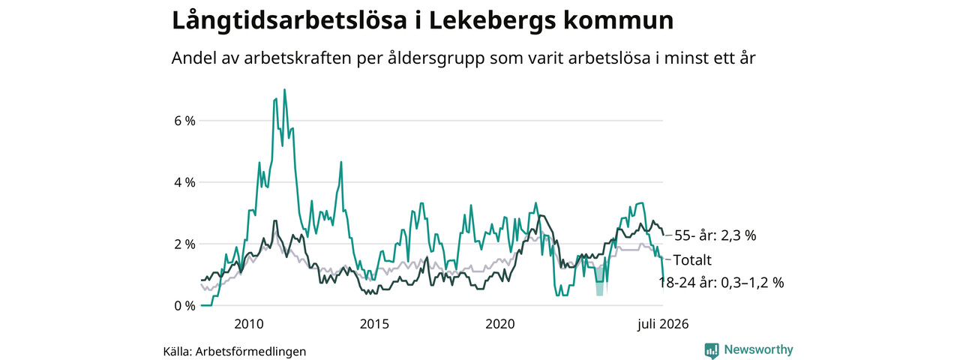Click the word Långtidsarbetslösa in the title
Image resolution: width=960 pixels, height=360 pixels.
point(289,20)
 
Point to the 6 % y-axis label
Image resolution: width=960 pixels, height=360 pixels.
point(184,121)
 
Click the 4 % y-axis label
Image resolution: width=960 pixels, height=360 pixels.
point(184,182)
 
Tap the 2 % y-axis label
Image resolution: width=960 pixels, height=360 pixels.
point(184,244)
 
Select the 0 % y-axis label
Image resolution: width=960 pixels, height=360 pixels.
point(184,306)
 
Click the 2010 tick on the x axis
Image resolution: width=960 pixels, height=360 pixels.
point(248,324)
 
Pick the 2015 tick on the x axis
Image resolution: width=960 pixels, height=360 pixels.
point(374,324)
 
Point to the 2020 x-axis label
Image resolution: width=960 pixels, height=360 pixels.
point(499,324)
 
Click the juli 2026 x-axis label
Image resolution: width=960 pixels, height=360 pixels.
point(662,324)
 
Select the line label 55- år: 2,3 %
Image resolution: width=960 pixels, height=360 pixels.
point(715,235)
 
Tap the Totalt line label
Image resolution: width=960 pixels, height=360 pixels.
point(692,260)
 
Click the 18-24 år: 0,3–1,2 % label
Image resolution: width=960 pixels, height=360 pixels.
point(721,283)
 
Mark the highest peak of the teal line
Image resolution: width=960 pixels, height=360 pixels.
point(284,89)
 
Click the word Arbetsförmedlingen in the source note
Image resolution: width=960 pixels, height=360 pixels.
point(250,352)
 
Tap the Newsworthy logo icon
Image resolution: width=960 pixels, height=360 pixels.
point(712,350)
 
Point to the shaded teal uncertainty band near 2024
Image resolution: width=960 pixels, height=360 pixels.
point(599,281)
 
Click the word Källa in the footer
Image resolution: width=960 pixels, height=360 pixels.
point(177,352)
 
